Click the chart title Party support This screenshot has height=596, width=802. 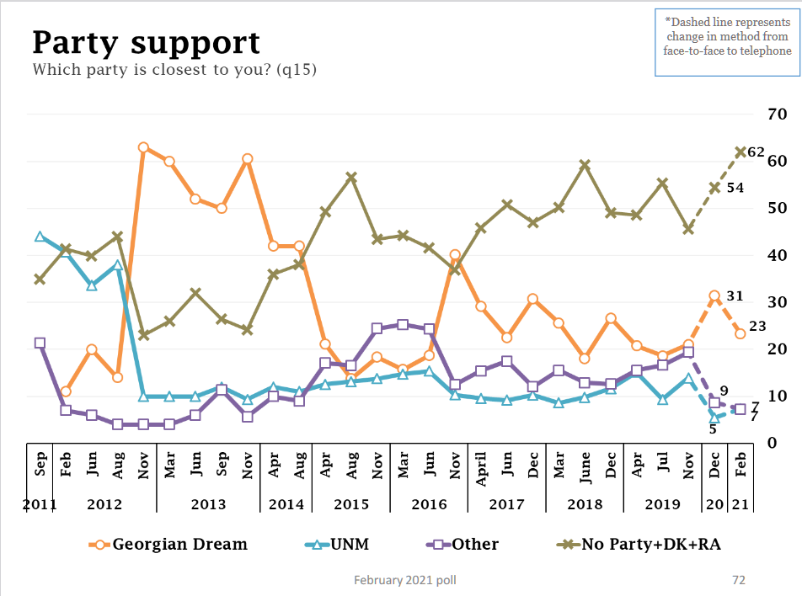[x=146, y=42]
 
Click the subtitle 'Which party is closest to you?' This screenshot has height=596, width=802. [x=174, y=70]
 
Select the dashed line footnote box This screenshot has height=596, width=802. [x=728, y=44]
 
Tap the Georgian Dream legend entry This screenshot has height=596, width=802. [x=168, y=544]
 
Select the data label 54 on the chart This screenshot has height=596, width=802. [x=735, y=188]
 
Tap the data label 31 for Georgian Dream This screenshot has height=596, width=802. [x=735, y=295]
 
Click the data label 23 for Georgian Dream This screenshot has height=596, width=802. [x=757, y=327]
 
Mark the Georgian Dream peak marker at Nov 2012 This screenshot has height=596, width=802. [x=143, y=147]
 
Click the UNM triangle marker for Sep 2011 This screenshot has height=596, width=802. [x=40, y=237]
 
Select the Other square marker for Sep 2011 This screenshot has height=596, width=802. [x=40, y=343]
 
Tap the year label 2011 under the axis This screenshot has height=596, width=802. [x=40, y=505]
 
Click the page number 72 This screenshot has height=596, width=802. [x=738, y=580]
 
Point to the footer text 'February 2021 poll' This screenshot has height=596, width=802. [x=406, y=580]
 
